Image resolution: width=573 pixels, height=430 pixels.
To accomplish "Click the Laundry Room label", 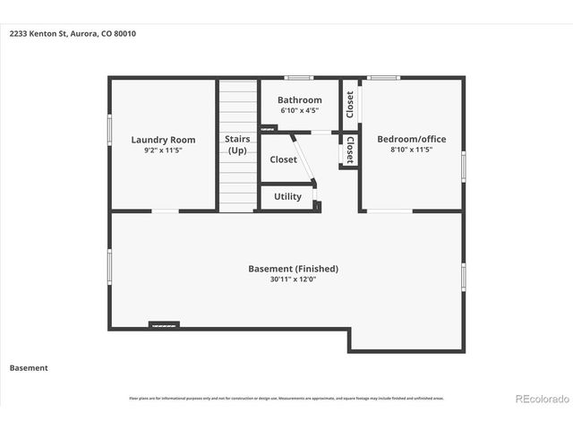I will coord(163,140).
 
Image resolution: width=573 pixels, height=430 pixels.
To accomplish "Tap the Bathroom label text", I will coord(299,100).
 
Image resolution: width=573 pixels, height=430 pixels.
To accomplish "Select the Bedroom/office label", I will coord(411,139).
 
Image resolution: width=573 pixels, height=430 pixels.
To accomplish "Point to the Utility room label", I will coord(287,196).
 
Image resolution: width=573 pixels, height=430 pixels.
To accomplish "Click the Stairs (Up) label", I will coord(237,145).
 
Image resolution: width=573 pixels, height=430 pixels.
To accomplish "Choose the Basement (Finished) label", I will coord(293,269).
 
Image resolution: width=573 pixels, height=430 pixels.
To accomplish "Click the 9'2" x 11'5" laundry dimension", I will coord(163,150).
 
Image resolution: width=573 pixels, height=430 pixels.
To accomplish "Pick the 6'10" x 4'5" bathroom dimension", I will coord(299,110).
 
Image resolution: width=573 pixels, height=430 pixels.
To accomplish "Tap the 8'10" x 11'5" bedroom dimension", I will coord(411,150).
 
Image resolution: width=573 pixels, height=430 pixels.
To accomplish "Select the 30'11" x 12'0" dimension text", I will coord(293,279).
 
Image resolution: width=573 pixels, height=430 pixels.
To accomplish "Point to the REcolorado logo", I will coord(540,398).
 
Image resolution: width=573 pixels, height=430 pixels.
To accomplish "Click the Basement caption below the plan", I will coord(29,367).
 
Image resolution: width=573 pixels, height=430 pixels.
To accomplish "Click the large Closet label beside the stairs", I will coord(283,159).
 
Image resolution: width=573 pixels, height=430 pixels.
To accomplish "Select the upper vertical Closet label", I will coord(349,104).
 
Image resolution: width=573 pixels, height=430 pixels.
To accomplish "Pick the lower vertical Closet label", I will coord(349,150).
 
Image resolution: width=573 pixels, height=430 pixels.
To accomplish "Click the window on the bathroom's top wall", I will coord(299,79).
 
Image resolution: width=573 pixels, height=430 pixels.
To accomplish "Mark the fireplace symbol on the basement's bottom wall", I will coord(164,324).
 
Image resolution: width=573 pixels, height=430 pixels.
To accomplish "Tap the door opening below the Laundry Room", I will coord(165,211).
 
